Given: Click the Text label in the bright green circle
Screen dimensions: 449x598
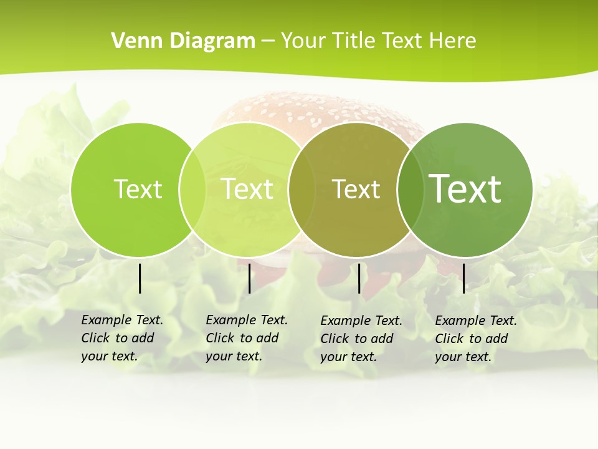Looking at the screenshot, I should click(x=138, y=189).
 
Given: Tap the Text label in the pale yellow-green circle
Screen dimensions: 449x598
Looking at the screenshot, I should click(x=247, y=189).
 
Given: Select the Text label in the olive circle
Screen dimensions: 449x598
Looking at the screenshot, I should click(x=356, y=189).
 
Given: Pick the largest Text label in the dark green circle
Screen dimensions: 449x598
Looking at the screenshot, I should click(x=465, y=189).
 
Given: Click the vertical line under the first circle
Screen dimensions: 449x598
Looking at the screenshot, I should click(x=140, y=278).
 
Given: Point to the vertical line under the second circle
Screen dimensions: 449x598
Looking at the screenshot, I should click(x=249, y=278).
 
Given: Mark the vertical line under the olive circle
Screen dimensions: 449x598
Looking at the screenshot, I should click(x=359, y=278).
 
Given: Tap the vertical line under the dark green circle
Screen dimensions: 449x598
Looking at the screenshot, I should click(x=463, y=278).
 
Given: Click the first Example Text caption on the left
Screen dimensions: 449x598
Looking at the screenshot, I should click(x=121, y=338).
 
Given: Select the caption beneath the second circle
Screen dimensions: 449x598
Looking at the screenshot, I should click(x=246, y=338).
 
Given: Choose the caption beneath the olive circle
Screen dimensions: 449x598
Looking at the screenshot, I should click(x=361, y=339).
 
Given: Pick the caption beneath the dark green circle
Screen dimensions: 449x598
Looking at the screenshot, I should click(x=475, y=339).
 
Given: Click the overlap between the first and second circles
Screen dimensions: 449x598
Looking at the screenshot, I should click(x=192, y=190).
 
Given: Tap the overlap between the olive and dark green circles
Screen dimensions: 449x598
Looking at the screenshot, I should click(x=410, y=190).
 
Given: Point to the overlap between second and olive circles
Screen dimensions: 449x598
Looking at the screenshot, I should click(x=301, y=190).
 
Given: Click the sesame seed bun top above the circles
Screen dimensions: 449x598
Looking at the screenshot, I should click(x=311, y=109).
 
